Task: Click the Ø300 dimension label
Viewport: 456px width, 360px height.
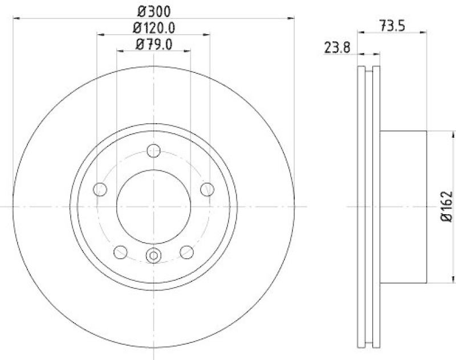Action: tap(154, 11)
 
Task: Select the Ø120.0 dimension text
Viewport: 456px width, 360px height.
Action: tap(154, 27)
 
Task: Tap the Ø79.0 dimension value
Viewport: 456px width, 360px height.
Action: tap(154, 44)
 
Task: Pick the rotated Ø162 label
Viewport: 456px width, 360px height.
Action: tap(446, 207)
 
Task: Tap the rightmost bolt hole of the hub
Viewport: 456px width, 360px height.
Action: tap(207, 189)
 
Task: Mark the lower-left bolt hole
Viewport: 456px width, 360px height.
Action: tap(121, 251)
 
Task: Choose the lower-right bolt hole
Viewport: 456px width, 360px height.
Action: tap(186, 251)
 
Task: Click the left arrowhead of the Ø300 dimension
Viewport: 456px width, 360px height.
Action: tap(15, 18)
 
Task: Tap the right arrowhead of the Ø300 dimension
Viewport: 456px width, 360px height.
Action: tap(292, 18)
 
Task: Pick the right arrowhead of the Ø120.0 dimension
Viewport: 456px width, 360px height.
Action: tap(207, 34)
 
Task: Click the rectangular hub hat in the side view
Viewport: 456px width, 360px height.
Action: tap(403, 206)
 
